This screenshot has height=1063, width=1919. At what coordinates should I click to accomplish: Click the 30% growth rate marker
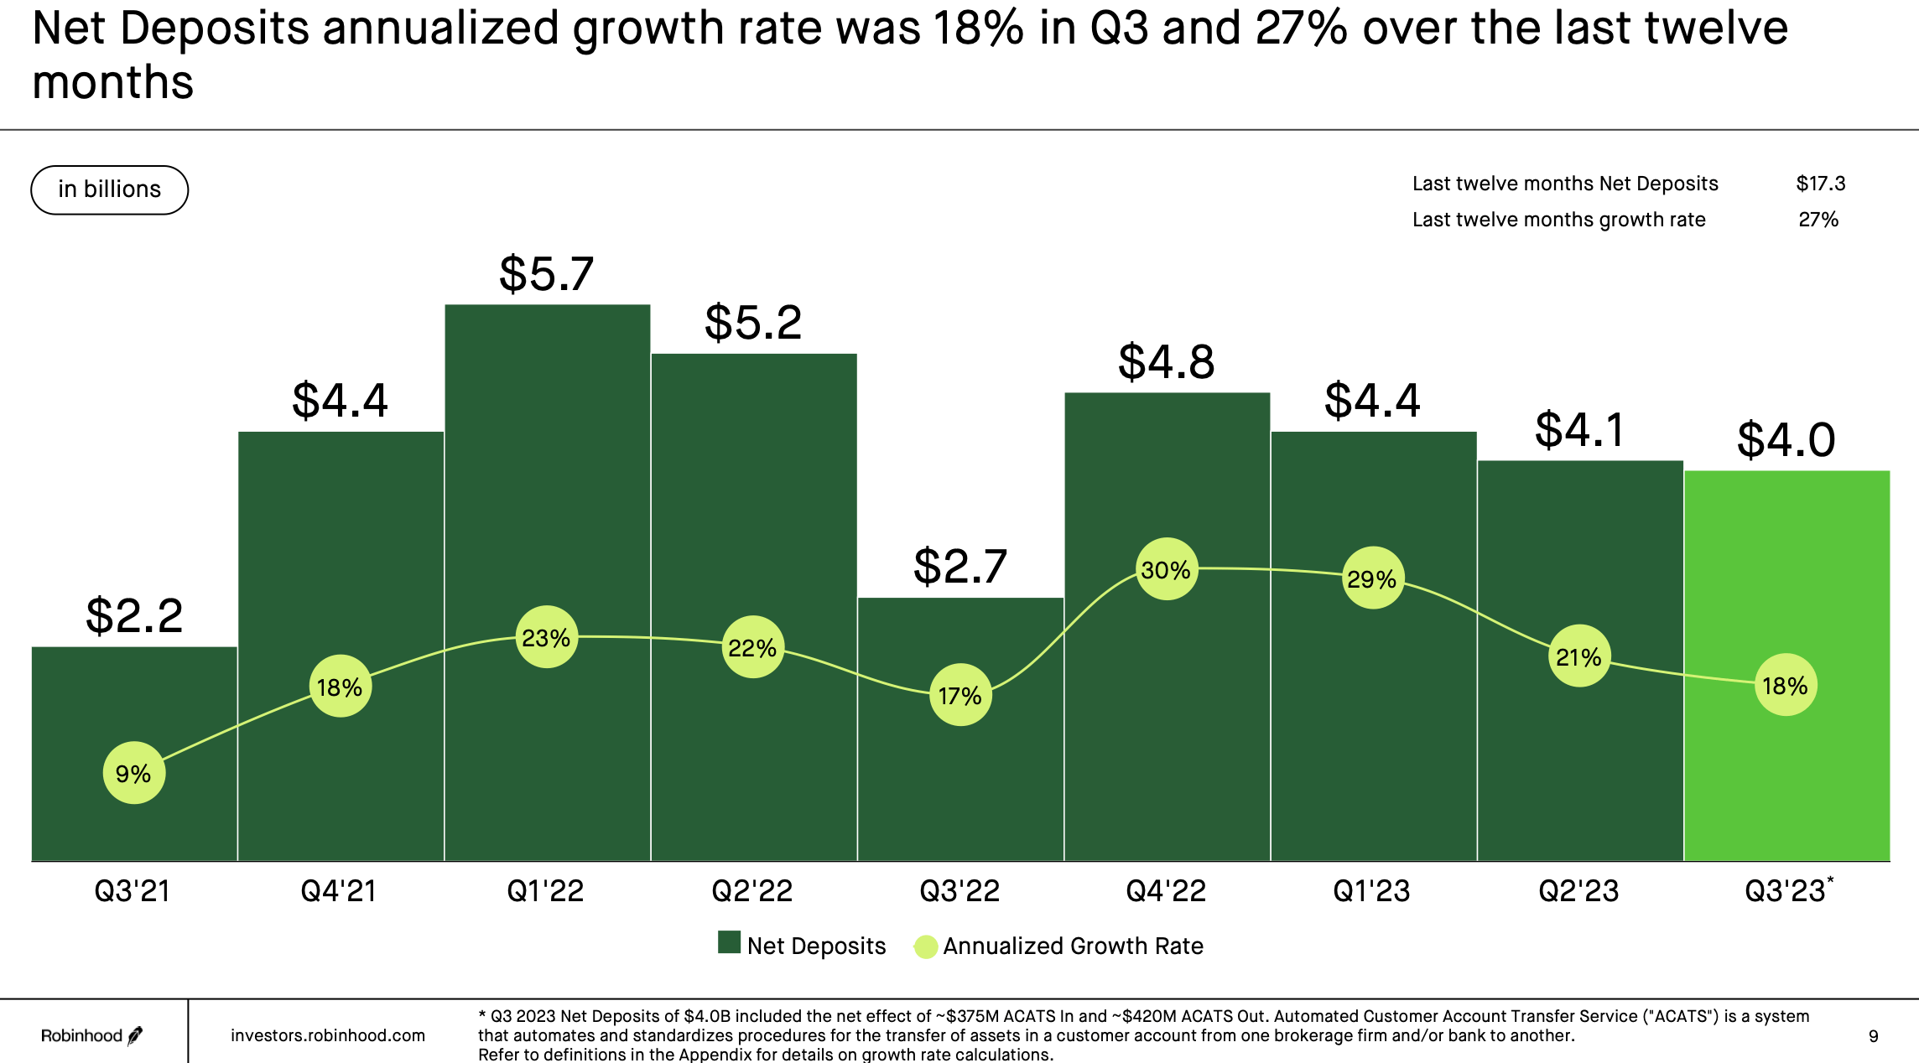pos(1166,569)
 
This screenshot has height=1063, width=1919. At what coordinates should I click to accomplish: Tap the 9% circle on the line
pos(133,773)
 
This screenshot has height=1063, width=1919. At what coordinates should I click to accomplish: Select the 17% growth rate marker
pos(960,695)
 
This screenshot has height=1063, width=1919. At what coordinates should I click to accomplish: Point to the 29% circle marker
pos(1372,578)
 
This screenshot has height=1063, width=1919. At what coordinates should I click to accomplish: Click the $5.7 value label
pos(546,273)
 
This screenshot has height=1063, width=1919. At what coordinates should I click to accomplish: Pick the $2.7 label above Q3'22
pos(959,566)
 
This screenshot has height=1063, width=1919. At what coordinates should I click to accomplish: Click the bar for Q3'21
pos(134,713)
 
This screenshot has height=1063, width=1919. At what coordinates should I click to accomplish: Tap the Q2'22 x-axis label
pos(752,890)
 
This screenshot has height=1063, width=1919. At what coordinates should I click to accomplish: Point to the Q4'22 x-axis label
pos(1166,890)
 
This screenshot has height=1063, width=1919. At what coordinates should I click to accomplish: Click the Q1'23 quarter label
pos(1372,890)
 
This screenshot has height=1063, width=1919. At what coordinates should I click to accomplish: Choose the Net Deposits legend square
pos(729,943)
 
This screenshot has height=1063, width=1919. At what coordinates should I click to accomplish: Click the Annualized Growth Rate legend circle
pos(925,946)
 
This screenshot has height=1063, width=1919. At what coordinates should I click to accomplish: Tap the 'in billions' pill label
pos(109,189)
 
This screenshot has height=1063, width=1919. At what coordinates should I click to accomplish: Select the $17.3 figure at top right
pos(1820,184)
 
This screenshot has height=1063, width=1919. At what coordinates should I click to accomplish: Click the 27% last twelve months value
pos(1818,220)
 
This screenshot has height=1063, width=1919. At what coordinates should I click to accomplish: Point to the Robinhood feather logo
pos(135,1036)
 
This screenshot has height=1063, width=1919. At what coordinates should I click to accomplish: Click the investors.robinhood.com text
pos(328,1035)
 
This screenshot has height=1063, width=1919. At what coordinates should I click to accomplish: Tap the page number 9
pos(1873,1036)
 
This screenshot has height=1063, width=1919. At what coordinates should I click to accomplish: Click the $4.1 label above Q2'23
pos(1579,430)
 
